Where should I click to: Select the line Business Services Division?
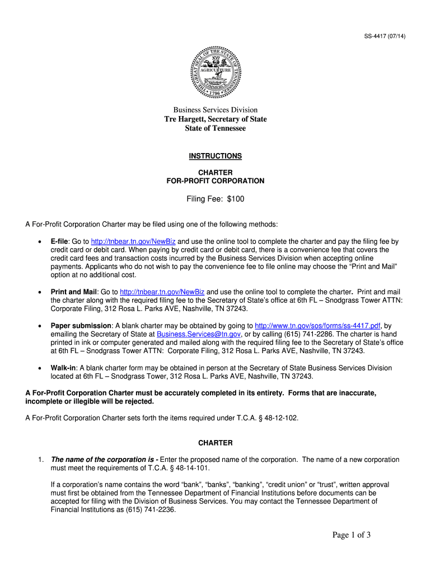pos(215,110)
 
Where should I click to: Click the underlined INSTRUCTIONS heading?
pos(215,156)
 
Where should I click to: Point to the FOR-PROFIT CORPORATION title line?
pos(215,181)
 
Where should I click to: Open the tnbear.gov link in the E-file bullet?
pos(133,242)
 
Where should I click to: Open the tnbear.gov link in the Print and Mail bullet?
pos(162,292)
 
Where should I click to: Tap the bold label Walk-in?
pos(63,368)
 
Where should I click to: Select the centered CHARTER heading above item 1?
pos(215,443)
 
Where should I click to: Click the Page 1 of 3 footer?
pos(352,535)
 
